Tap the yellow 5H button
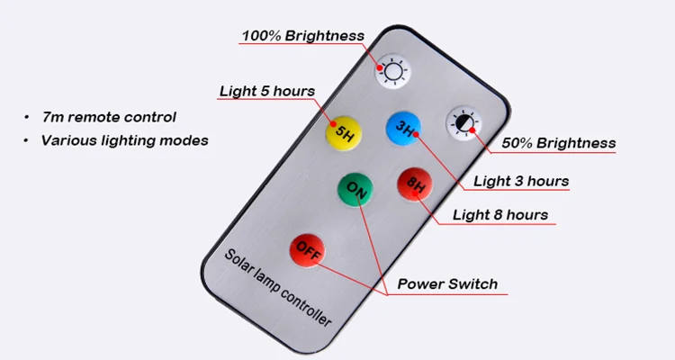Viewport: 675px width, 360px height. pyautogui.click(x=343, y=134)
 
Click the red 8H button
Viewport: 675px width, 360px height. pyautogui.click(x=415, y=186)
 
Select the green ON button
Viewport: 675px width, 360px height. pyautogui.click(x=355, y=190)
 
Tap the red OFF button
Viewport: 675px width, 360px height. pyautogui.click(x=307, y=248)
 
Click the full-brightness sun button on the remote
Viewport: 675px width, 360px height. pyautogui.click(x=391, y=70)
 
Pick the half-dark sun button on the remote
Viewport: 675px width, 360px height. pyautogui.click(x=464, y=124)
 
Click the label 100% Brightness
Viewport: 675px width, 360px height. pyautogui.click(x=302, y=37)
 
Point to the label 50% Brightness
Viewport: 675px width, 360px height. pyautogui.click(x=558, y=143)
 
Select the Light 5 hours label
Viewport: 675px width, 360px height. pyautogui.click(x=267, y=92)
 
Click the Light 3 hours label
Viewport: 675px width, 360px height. pyautogui.click(x=521, y=181)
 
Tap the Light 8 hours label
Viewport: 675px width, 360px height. pyautogui.click(x=499, y=214)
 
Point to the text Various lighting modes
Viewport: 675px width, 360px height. pyautogui.click(x=124, y=140)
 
